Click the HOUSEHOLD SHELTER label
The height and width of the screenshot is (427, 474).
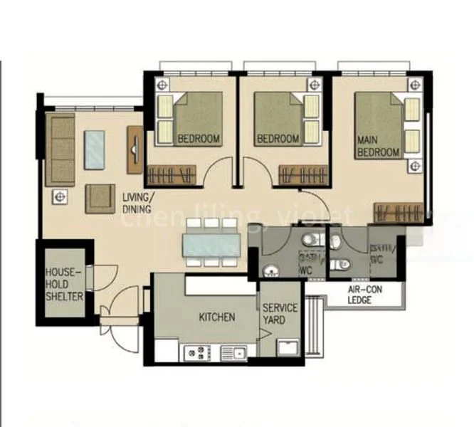point(64,284)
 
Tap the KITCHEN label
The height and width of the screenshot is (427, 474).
point(216,317)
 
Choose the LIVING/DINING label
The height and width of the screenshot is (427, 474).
point(136,202)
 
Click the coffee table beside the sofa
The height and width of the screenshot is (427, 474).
point(95,149)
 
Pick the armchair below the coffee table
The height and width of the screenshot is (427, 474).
point(100,198)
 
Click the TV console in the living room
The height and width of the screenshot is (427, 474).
point(135,149)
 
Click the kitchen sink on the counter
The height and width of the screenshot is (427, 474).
point(233,351)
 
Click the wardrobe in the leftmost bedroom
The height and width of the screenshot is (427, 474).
point(170,174)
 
